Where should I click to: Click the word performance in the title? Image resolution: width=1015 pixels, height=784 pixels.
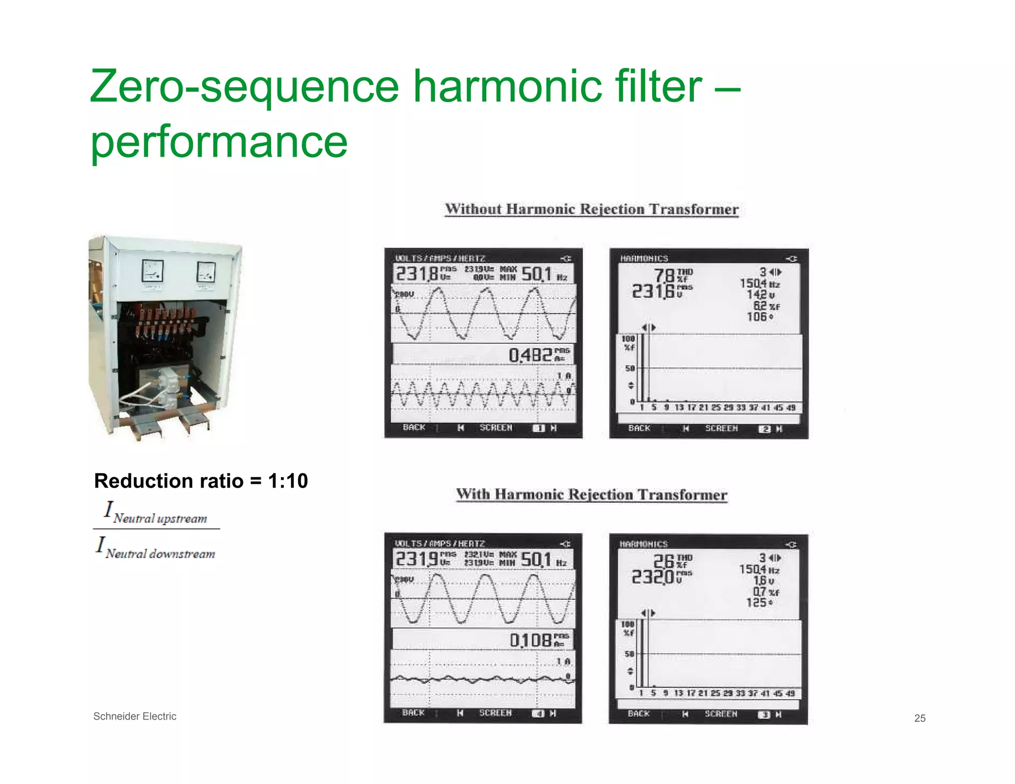click(x=219, y=142)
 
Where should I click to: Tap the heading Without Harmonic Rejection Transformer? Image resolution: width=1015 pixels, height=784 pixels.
click(x=591, y=209)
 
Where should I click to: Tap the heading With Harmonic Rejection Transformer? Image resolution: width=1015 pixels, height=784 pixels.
click(x=591, y=495)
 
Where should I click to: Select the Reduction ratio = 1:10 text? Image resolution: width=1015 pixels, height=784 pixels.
click(x=201, y=481)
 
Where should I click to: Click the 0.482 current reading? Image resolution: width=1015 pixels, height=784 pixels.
click(x=530, y=355)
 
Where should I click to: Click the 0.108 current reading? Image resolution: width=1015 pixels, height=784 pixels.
click(x=531, y=640)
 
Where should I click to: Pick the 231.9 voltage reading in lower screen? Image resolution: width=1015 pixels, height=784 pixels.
click(x=417, y=559)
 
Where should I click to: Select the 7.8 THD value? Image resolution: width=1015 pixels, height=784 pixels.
click(x=665, y=276)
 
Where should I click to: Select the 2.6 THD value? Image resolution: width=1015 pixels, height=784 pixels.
click(x=664, y=561)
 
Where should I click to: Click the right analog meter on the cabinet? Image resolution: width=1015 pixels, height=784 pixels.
click(x=206, y=272)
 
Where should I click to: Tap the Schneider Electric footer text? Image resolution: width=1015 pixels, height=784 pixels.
click(x=135, y=716)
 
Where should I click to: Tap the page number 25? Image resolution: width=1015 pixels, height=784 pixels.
click(x=920, y=718)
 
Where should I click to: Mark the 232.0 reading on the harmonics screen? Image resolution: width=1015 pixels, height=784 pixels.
click(x=653, y=577)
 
